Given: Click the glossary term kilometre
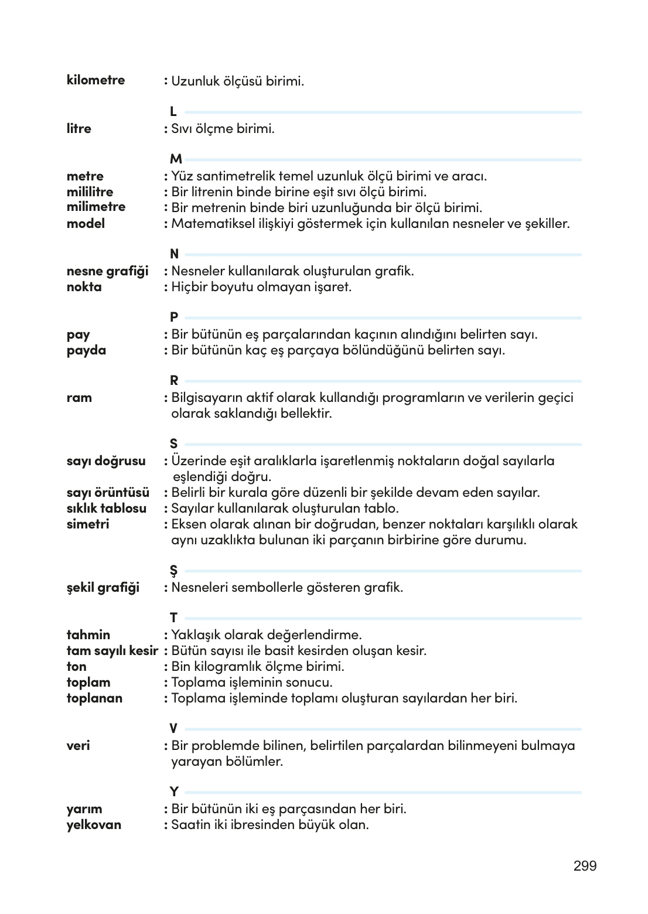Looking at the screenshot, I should [96, 80].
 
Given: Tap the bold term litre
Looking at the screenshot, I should [79, 128].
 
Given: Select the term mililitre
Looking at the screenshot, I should [90, 192].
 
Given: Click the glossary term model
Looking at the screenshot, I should [86, 223].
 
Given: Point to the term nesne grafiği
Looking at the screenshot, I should [107, 271].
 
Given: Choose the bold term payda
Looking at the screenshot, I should [86, 350].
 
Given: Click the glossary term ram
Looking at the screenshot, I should [79, 398].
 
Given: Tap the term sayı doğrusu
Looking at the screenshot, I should [106, 461].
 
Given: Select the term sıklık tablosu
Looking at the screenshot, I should [107, 508].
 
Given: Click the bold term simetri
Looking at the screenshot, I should [88, 524].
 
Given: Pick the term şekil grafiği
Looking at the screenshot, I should [103, 587].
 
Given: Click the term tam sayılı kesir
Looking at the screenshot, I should [112, 650].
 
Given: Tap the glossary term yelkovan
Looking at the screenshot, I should [94, 824].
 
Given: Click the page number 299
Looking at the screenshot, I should [585, 865].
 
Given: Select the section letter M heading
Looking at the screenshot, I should [176, 159].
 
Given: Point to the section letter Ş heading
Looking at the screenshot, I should [173, 571].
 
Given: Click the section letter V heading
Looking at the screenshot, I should [173, 729].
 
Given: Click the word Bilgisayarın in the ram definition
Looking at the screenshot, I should [208, 398].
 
